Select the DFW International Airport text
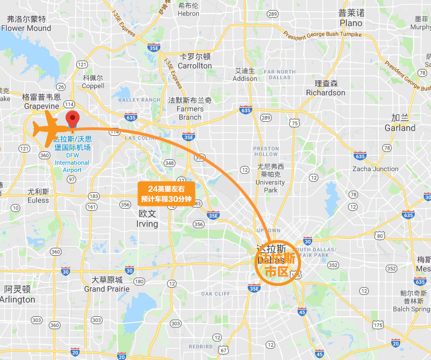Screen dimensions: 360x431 point(72,163)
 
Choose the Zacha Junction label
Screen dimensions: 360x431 point(376,169)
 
